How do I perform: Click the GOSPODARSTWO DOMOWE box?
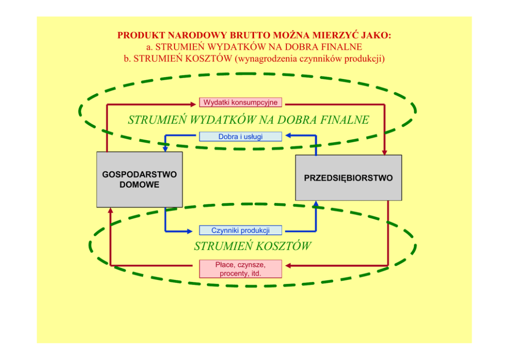[x=140, y=179]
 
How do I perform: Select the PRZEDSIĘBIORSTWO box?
[x=348, y=178]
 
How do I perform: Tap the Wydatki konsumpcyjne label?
[x=240, y=102]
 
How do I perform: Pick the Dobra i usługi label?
[x=240, y=137]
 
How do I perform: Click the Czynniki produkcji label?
[x=240, y=231]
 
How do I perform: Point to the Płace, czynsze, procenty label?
[x=240, y=269]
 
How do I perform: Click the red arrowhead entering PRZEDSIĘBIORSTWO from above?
[x=384, y=152]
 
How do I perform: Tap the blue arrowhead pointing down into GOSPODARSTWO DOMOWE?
[x=165, y=148]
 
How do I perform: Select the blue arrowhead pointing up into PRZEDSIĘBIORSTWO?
[x=316, y=204]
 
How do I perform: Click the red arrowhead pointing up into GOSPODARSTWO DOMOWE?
[x=110, y=211]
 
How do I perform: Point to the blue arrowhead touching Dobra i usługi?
[x=288, y=136]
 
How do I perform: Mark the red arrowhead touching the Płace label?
[x=288, y=266]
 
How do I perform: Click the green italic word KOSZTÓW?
[x=281, y=246]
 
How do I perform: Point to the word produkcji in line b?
[x=366, y=59]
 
